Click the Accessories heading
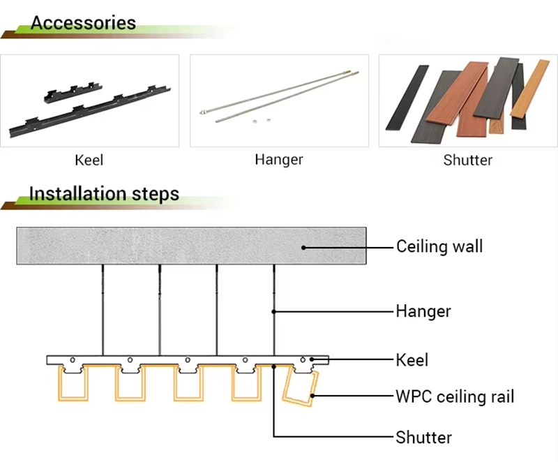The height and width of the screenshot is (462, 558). coord(83,23)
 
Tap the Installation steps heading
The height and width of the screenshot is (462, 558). coord(104,194)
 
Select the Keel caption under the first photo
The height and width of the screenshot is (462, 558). coord(89,161)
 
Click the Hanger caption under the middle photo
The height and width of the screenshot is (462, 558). coord(279,160)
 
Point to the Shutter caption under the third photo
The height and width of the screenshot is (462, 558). coord(468,161)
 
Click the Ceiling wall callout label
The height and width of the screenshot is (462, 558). coord(440,246)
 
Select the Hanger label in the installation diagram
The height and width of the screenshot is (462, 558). coord(423,311)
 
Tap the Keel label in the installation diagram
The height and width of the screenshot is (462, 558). coord(412,360)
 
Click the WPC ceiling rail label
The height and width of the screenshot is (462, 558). coord(455,396)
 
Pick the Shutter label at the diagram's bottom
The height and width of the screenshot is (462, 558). coord(424,438)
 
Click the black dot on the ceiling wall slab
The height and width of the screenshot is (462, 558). coord(303,248)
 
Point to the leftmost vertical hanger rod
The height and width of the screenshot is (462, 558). coord(103,310)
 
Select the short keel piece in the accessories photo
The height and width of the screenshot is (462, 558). coord(73,92)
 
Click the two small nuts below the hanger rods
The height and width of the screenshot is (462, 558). coord(262,121)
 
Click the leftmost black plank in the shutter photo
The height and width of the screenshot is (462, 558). coord(407,98)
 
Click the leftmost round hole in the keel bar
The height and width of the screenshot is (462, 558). coord(73,360)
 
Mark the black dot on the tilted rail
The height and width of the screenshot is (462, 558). coord(312,396)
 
